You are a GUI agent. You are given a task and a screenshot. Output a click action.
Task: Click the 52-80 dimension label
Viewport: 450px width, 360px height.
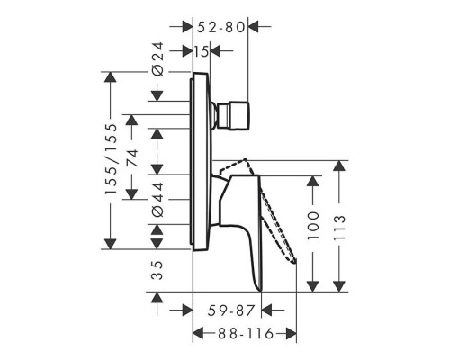[x=221, y=27]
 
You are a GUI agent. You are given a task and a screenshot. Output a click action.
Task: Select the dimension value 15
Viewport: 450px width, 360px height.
[x=201, y=51]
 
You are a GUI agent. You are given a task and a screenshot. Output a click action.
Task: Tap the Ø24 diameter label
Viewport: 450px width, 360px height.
[x=157, y=58]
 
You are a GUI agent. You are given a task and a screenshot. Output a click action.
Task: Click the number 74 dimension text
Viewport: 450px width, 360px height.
[x=132, y=158]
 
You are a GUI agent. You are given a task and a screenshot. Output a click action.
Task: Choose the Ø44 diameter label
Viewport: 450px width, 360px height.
[x=157, y=199]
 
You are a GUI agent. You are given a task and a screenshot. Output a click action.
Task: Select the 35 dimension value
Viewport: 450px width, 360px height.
[x=157, y=270]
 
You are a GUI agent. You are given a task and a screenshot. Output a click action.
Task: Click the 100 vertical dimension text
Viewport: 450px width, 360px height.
[x=313, y=225]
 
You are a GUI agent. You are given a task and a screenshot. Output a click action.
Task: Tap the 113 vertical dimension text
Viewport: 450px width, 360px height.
[x=339, y=227]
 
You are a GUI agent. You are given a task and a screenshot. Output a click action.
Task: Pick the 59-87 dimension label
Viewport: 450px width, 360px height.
[x=231, y=310]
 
